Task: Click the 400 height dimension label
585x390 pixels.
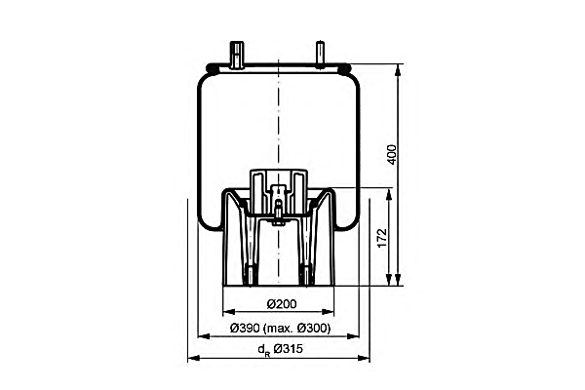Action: (x=392, y=154)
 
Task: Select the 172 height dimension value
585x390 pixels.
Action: (x=382, y=237)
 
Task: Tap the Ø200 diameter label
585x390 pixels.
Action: (x=282, y=304)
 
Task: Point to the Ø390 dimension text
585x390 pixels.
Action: (x=245, y=329)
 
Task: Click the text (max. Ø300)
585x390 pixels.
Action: (x=296, y=329)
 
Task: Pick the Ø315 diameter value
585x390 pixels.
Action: (x=288, y=349)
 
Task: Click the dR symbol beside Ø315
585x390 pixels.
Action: (x=264, y=350)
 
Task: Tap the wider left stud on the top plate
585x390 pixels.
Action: (x=237, y=56)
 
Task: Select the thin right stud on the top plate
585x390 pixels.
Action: (x=320, y=55)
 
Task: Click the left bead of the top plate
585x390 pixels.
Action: (x=212, y=68)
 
